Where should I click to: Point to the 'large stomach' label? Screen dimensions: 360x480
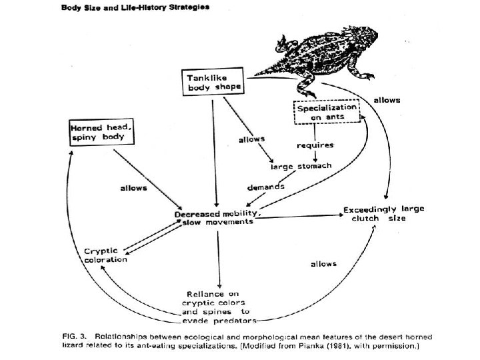tap(305, 165)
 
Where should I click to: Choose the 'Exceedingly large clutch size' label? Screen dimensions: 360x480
tap(383, 213)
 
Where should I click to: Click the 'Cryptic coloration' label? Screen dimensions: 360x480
tap(105, 255)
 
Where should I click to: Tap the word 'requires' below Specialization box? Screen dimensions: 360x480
tap(315, 144)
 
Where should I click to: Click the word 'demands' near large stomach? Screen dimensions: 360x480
tap(267, 187)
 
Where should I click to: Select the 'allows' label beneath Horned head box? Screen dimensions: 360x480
tap(133, 189)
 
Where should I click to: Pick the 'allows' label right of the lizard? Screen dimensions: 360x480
tap(387, 99)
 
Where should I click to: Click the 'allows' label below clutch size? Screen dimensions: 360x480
tap(324, 264)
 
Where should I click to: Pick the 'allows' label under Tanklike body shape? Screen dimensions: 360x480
tap(251, 139)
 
